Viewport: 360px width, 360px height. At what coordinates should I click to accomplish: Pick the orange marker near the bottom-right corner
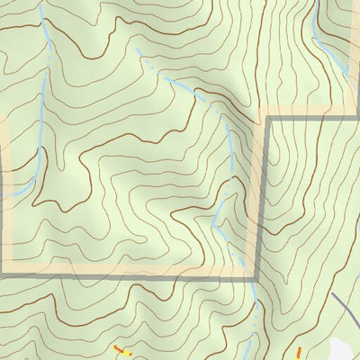point(298,351)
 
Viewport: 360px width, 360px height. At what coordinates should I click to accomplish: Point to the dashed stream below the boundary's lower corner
point(257,310)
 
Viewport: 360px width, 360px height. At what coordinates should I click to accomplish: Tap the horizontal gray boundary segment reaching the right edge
point(315,118)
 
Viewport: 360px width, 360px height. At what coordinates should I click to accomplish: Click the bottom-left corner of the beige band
point(4,271)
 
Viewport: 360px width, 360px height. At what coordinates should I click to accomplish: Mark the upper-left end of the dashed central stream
point(137,49)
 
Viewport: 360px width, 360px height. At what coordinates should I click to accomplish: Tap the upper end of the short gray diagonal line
point(332,293)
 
